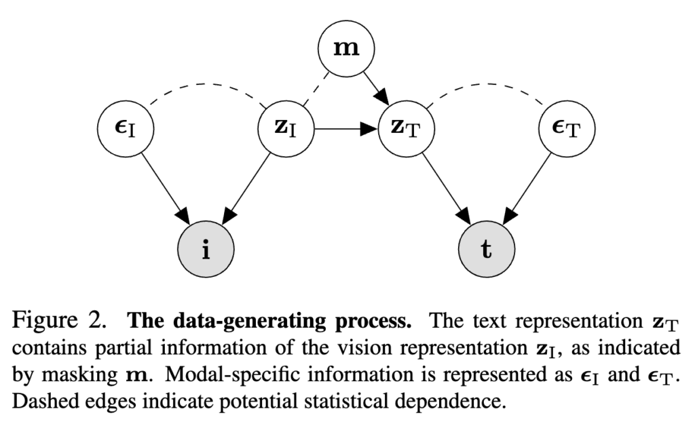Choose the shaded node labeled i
coord(208,249)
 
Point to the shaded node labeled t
coord(485,249)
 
